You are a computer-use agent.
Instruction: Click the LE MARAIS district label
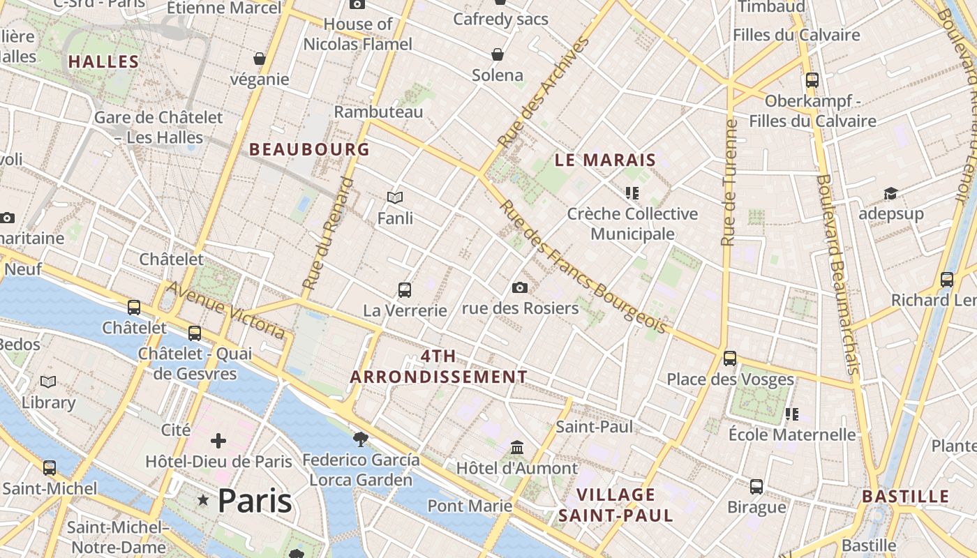point(605,160)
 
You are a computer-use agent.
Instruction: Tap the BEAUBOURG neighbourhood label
point(309,149)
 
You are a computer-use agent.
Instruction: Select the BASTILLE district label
point(906,497)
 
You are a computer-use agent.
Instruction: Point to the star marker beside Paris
point(203,500)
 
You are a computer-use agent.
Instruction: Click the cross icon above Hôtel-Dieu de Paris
point(218,440)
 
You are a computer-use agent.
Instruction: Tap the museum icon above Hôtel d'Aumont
point(517,446)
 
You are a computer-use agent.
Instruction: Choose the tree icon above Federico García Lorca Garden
point(360,439)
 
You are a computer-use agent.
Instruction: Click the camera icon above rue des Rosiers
point(519,287)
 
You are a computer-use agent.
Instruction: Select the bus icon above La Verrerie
point(404,289)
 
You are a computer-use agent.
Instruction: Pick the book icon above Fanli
point(395,198)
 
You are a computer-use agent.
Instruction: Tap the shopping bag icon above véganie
point(260,59)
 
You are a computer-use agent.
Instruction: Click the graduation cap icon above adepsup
point(890,193)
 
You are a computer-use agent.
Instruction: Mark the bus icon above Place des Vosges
point(730,359)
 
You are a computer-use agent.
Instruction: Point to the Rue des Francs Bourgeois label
point(583,267)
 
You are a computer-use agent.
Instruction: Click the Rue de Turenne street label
point(729,183)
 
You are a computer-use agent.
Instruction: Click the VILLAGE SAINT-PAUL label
point(616,505)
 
